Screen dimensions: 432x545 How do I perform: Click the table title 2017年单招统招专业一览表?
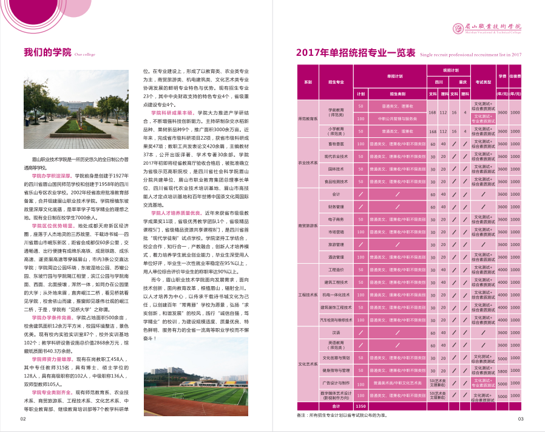click(x=356, y=53)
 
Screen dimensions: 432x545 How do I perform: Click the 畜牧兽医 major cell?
click(x=336, y=144)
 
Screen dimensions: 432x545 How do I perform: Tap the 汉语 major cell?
click(x=336, y=332)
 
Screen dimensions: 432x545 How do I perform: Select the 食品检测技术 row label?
click(x=336, y=181)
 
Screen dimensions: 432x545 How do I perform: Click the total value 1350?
click(x=361, y=406)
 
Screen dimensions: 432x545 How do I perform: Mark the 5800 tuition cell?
click(x=503, y=370)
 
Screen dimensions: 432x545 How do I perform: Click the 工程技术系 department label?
click(x=308, y=295)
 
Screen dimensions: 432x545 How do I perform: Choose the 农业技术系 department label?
click(x=308, y=163)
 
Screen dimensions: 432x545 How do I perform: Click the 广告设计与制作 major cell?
click(x=336, y=383)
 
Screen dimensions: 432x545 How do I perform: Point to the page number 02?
click(x=23, y=419)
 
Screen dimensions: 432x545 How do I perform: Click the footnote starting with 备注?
click(x=342, y=415)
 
